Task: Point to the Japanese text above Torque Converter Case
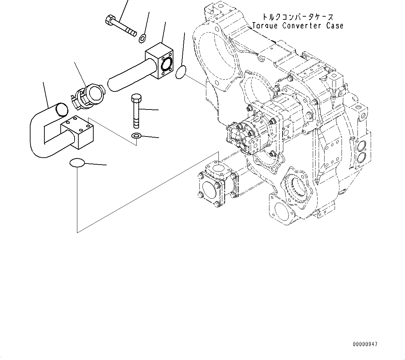coord(297,17)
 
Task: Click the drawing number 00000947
coord(365,344)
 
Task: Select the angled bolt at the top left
coord(120,25)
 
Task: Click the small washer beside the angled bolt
coord(142,38)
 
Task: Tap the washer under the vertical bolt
coord(136,136)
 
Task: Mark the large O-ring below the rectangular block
coord(77,163)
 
